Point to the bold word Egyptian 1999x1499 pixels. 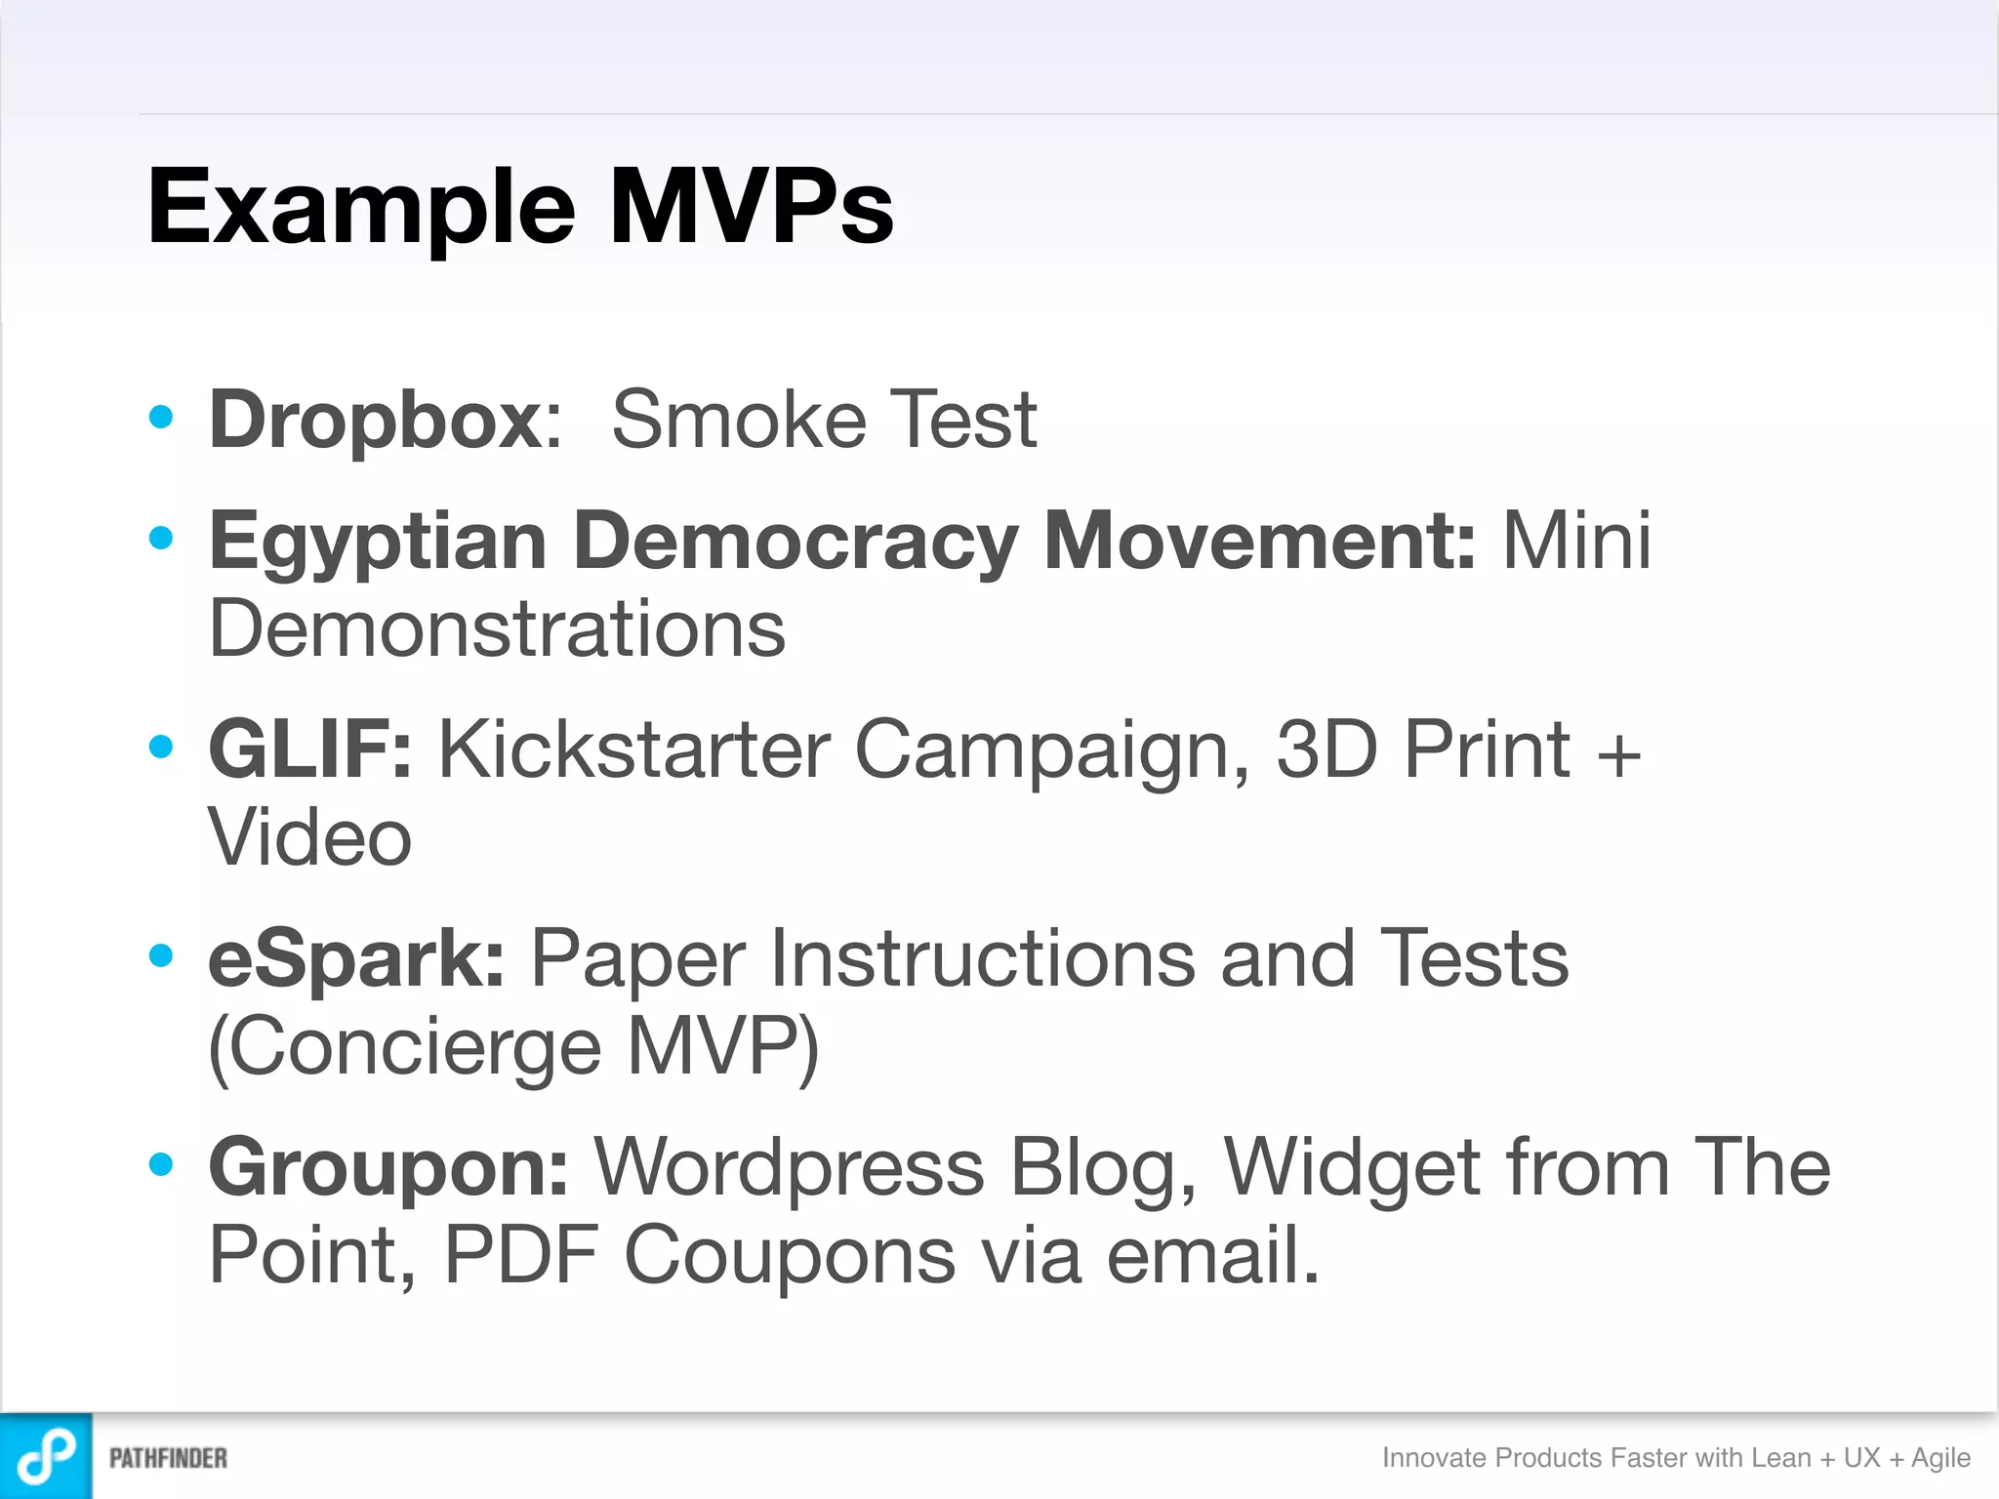point(377,543)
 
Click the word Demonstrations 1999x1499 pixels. point(497,629)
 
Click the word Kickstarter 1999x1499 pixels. point(633,749)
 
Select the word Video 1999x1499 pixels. point(310,838)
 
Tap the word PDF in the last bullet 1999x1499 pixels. point(521,1255)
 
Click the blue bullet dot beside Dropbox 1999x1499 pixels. point(161,418)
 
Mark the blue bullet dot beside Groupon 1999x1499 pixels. point(161,1163)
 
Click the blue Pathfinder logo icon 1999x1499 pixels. point(46,1456)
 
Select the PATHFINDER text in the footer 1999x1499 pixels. point(168,1458)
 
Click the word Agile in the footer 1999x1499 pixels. point(1940,1458)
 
